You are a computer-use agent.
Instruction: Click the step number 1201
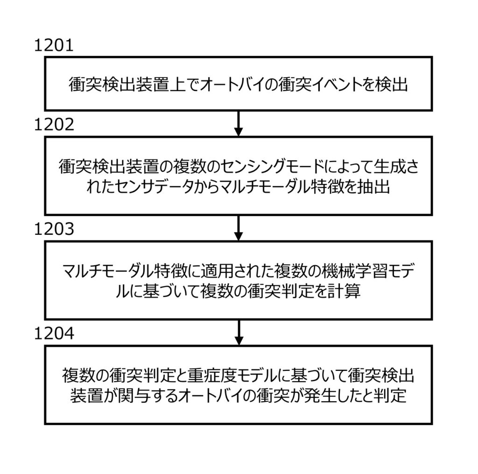55,46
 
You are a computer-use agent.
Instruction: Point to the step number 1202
55,125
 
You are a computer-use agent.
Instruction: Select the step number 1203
55,230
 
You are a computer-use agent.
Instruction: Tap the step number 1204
55,334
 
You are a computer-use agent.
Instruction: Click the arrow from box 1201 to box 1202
239,123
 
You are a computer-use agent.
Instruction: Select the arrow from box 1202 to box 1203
239,227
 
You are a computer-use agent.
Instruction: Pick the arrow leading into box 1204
239,332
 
